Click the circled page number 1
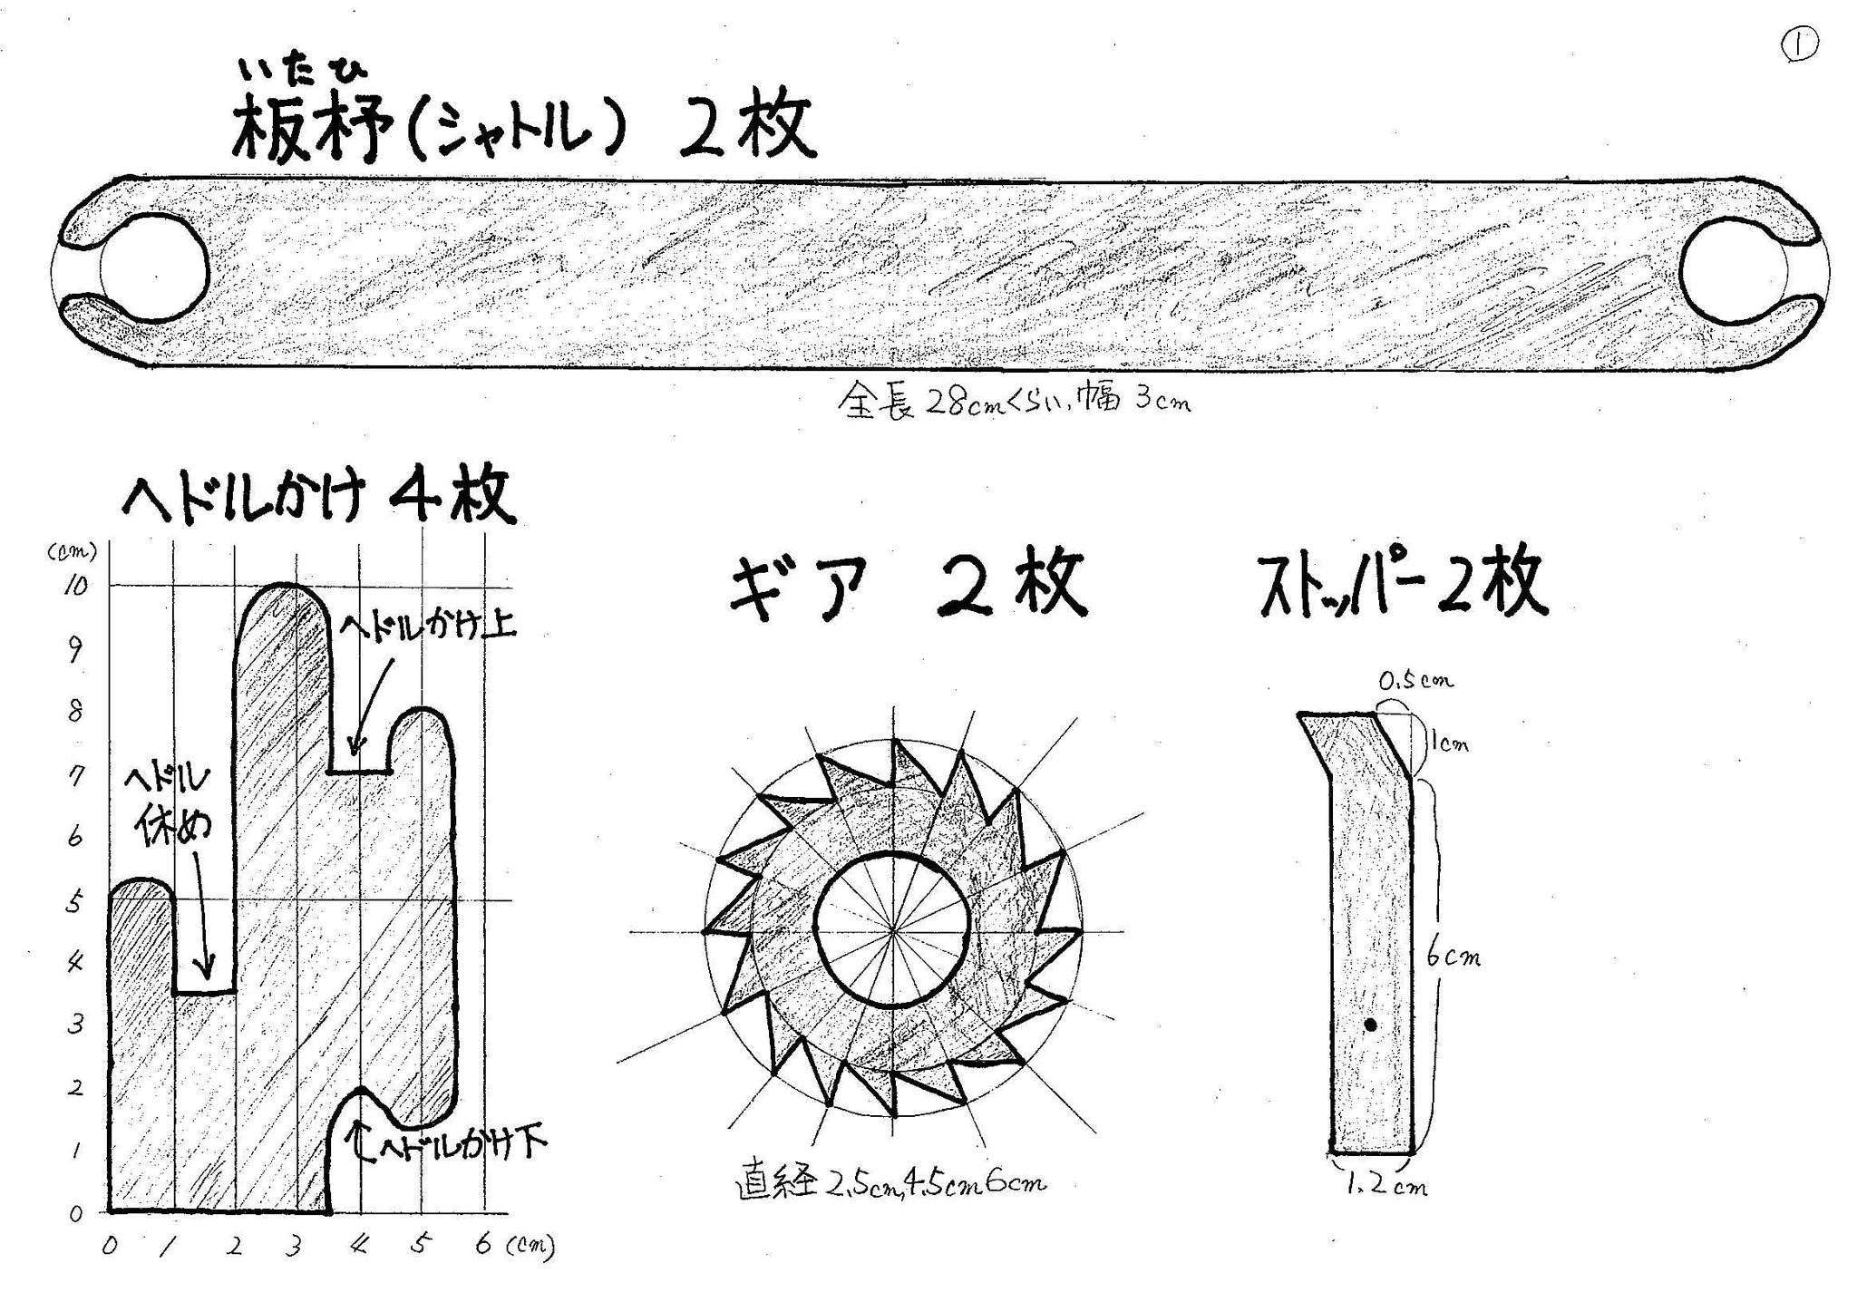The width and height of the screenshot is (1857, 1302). coord(1801,46)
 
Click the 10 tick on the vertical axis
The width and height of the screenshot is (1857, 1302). coord(75,586)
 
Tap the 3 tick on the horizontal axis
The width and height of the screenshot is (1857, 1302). coord(293,1248)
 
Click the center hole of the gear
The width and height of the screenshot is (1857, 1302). coord(893,930)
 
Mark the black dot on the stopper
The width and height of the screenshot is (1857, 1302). coord(1371,1025)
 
